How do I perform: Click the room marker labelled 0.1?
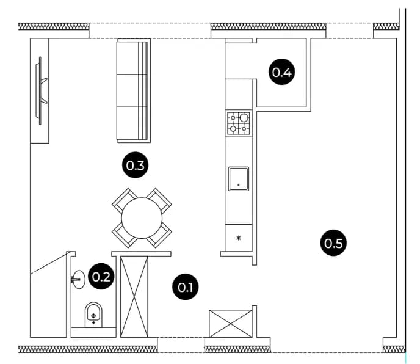pos(186,287)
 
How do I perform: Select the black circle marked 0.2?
pos(101,276)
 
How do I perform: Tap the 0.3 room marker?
pos(136,165)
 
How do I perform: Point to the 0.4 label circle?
pos(282,72)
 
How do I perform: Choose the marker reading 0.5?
pos(333,243)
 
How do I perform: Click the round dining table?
pos(142,218)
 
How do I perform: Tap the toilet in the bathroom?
pos(93,315)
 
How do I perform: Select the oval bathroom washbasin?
pos(79,280)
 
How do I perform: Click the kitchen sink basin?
pos(239,179)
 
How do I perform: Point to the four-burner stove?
pos(239,123)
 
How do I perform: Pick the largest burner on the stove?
pos(244,118)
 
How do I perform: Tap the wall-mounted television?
pos(41,90)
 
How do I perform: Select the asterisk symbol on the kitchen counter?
pos(239,238)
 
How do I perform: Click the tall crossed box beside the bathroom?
pos(134,296)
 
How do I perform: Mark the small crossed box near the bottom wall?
pos(231,324)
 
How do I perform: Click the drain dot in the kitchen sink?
pos(239,184)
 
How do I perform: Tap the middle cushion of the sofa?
pos(132,90)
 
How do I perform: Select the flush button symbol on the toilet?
pos(93,316)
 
